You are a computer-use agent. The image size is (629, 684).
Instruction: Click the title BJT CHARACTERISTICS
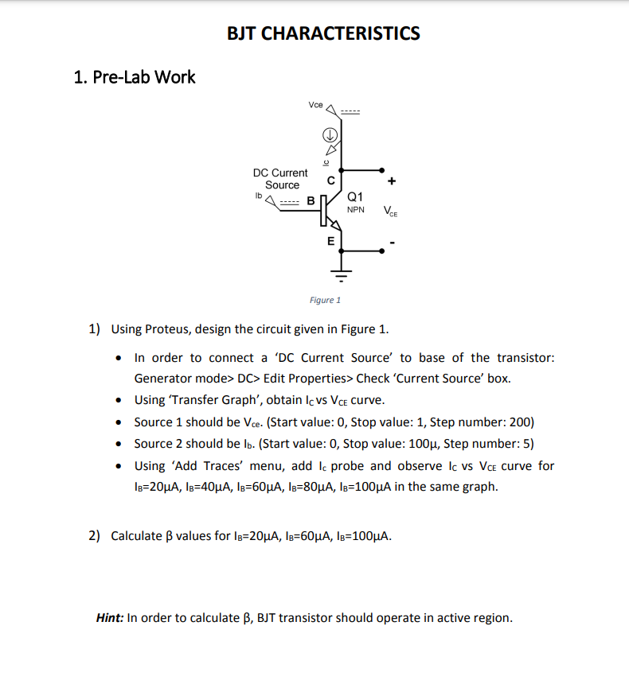click(x=323, y=33)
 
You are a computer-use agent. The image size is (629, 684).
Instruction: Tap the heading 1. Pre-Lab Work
click(x=134, y=77)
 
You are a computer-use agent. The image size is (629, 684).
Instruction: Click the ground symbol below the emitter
click(x=342, y=278)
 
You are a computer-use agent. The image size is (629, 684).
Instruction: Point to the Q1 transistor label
click(x=356, y=196)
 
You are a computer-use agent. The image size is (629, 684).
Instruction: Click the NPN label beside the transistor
click(x=356, y=210)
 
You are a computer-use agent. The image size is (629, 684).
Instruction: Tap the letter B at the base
click(x=312, y=200)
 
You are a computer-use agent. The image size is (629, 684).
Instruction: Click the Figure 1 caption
click(x=325, y=300)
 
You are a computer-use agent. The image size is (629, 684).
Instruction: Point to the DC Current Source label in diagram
click(x=280, y=179)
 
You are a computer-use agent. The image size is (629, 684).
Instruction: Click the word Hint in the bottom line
click(x=109, y=617)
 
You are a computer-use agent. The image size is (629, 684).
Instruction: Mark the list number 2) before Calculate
click(x=94, y=535)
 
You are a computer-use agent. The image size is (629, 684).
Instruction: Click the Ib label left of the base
click(x=258, y=194)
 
